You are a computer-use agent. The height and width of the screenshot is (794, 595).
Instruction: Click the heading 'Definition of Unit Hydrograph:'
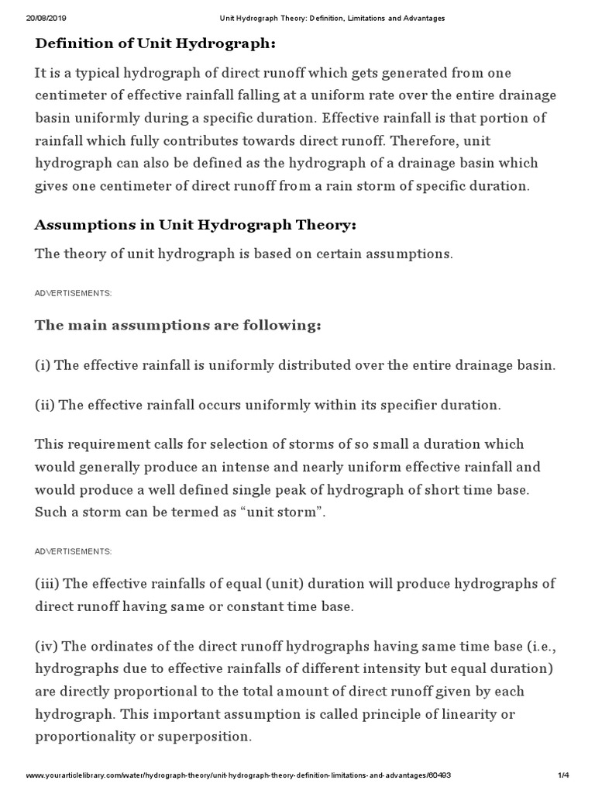click(x=156, y=43)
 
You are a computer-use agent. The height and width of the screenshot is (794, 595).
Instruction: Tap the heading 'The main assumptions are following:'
click(x=177, y=325)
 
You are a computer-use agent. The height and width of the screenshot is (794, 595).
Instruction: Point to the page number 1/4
click(x=563, y=775)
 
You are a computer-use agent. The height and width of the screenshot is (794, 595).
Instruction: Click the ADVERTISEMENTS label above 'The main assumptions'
click(x=74, y=293)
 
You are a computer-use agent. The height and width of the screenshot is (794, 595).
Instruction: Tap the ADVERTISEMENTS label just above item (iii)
click(x=74, y=551)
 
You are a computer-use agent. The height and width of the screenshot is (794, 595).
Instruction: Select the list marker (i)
click(x=44, y=365)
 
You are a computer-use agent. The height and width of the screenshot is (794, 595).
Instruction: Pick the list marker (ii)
click(x=46, y=406)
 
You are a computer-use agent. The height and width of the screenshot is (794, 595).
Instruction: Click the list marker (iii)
click(x=48, y=584)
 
